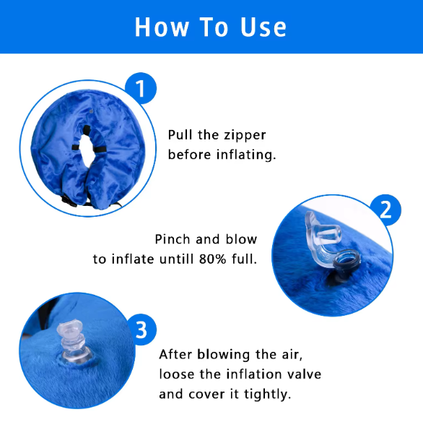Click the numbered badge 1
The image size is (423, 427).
tap(141, 90)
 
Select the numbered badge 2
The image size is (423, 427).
tap(385, 210)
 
